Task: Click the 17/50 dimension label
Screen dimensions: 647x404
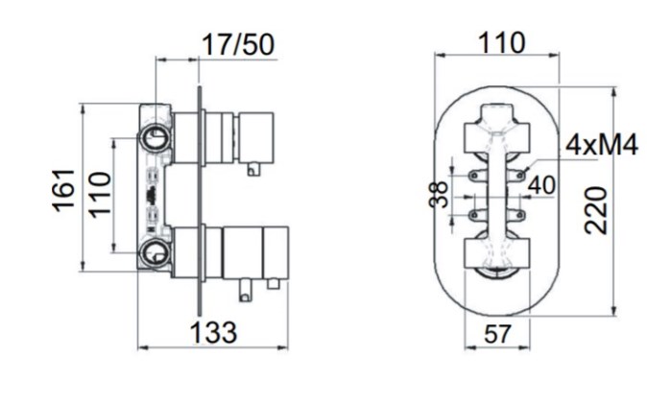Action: (x=238, y=44)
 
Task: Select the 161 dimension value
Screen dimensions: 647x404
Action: (x=64, y=190)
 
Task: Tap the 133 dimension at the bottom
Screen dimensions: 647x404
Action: (x=213, y=333)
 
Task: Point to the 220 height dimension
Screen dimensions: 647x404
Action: (x=596, y=210)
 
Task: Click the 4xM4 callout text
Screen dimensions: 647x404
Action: (x=602, y=145)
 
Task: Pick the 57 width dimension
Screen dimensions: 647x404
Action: (x=497, y=334)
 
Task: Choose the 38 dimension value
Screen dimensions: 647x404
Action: (x=438, y=194)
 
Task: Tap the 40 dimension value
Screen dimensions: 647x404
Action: (x=541, y=185)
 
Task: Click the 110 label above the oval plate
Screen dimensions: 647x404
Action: (x=501, y=43)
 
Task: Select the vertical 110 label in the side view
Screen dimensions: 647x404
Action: (x=100, y=195)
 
